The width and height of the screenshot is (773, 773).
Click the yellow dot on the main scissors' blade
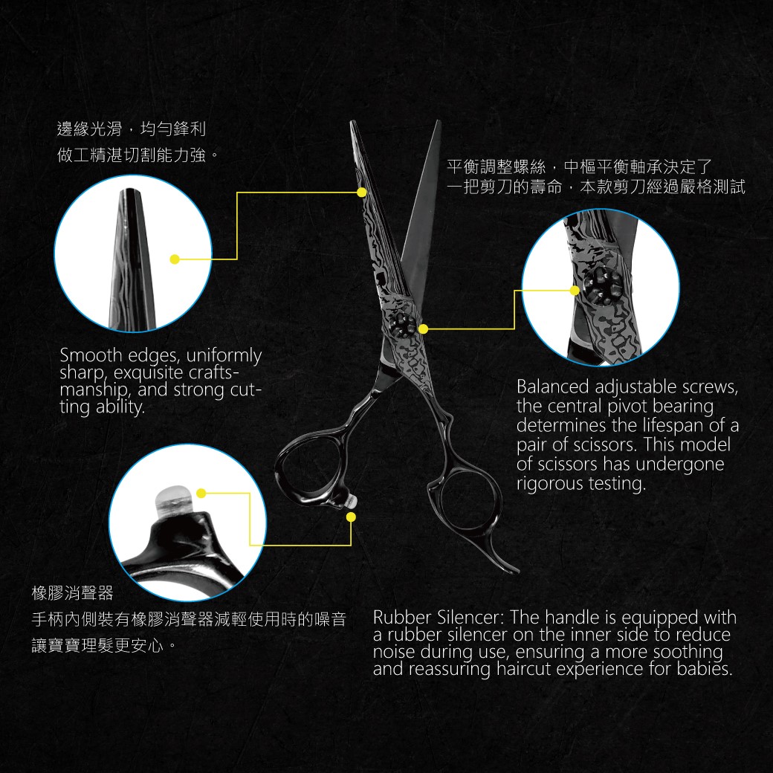[361, 192]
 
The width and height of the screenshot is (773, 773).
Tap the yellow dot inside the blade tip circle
[175, 259]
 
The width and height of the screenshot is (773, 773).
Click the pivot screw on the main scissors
[404, 325]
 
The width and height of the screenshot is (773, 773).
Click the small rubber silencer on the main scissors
[351, 501]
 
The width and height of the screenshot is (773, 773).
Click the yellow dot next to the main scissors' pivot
[424, 329]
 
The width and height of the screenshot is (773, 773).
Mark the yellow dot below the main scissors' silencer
[351, 517]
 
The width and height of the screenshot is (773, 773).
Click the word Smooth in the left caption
[91, 355]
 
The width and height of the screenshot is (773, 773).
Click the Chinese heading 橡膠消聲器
[73, 592]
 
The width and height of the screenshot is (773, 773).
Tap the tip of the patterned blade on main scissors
[352, 122]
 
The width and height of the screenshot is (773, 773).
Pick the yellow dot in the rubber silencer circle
[201, 493]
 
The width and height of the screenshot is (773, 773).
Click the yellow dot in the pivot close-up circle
[575, 291]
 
